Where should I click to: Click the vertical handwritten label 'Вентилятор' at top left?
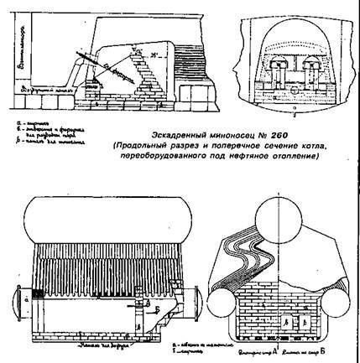pyautogui.click(x=9, y=34)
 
